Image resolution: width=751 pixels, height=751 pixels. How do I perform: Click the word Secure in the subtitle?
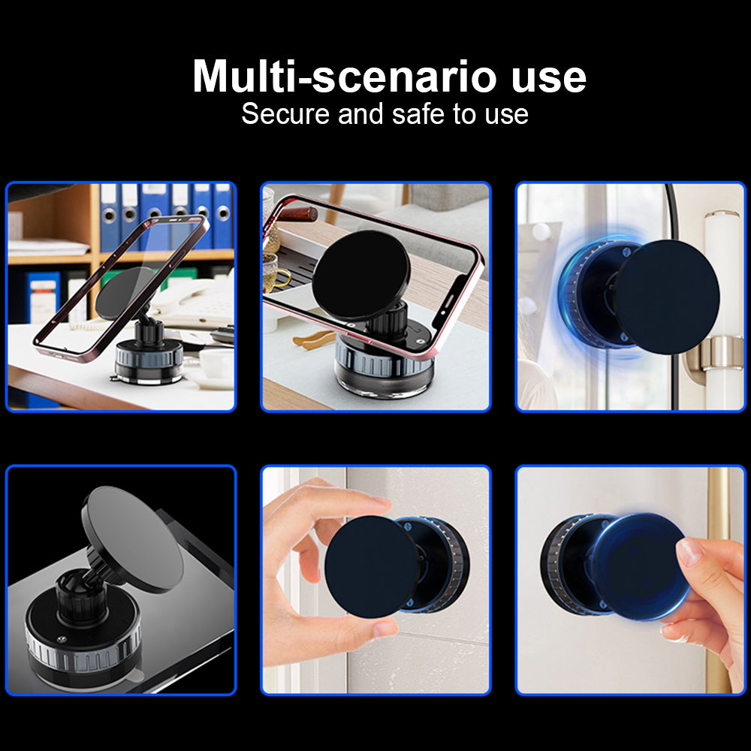286,115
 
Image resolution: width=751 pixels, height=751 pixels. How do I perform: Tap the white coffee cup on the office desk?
216,363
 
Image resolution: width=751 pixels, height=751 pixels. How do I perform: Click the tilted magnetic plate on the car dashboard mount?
134,537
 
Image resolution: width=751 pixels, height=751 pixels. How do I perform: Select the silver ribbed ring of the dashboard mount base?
83,650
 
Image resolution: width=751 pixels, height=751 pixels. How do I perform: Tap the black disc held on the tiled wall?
372,566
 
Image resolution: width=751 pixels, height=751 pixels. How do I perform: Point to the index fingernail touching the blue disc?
689,552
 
